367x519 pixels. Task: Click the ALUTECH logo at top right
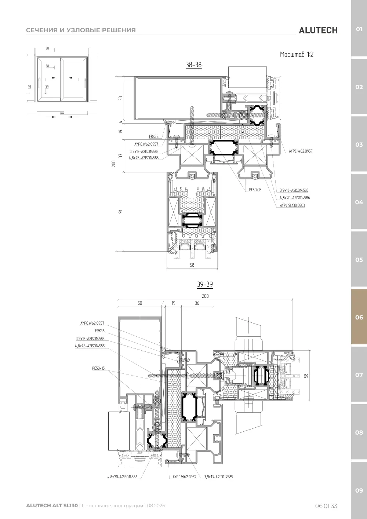(x=318, y=30)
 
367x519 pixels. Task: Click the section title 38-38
(x=193, y=65)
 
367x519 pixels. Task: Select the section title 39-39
(x=205, y=284)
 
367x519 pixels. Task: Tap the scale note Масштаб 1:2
(x=297, y=54)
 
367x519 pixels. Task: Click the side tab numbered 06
(x=359, y=317)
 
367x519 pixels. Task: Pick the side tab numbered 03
(x=359, y=145)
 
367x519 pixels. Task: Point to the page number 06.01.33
(x=326, y=506)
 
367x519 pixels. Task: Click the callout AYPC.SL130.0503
(x=292, y=205)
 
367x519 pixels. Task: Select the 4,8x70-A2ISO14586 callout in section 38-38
(x=295, y=198)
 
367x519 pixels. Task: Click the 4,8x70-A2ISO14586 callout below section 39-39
(x=122, y=477)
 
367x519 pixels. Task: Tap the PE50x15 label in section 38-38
(x=255, y=190)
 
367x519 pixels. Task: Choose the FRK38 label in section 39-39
(x=100, y=331)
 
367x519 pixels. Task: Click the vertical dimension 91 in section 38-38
(x=120, y=212)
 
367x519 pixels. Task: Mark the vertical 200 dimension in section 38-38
(x=114, y=164)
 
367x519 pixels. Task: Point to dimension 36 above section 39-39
(x=197, y=303)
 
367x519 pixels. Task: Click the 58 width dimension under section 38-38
(x=192, y=265)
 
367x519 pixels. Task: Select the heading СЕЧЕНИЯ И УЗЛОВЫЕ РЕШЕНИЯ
(x=81, y=30)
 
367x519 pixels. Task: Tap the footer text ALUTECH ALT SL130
(x=52, y=505)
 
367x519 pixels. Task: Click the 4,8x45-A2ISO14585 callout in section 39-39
(x=90, y=346)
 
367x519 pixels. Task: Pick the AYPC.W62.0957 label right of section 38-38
(x=301, y=151)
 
